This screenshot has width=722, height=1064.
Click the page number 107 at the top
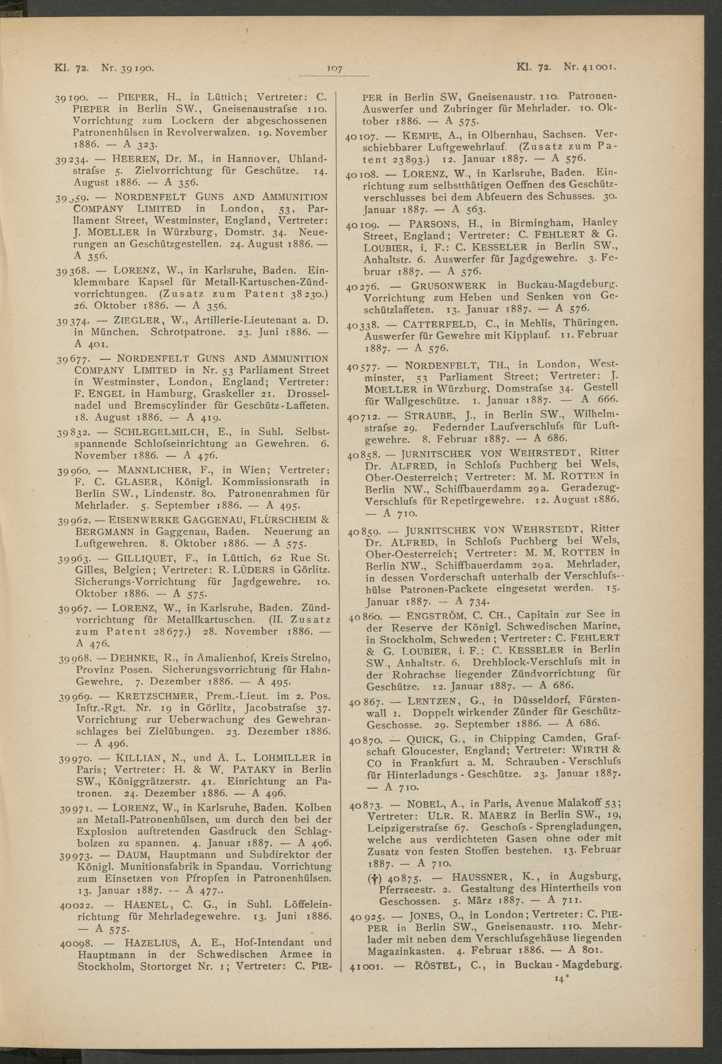coord(335,69)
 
